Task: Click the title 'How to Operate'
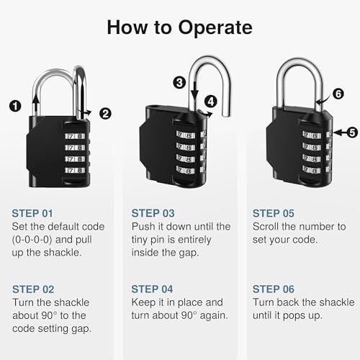click(180, 27)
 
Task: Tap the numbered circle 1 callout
click(14, 105)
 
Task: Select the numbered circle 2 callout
click(105, 112)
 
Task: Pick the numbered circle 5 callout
click(351, 132)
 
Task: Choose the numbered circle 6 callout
click(338, 92)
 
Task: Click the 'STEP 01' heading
click(33, 213)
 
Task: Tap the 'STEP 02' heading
click(33, 289)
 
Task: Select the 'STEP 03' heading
click(153, 213)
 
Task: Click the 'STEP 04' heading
click(153, 289)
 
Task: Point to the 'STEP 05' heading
click(274, 213)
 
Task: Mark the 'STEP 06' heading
click(274, 289)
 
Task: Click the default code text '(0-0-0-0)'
click(37, 240)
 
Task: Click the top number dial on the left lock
click(74, 135)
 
